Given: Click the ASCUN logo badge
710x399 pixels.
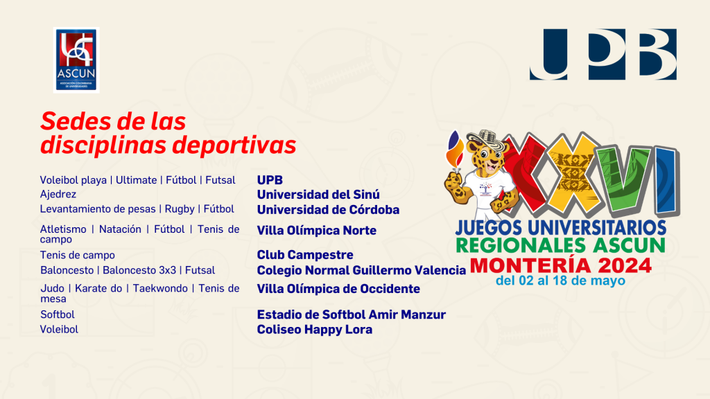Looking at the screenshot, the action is tap(76, 60).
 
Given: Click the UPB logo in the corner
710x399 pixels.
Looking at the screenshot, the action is tap(603, 54).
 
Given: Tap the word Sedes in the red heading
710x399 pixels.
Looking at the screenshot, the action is tap(75, 122).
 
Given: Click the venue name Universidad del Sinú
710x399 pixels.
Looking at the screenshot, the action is tap(318, 195).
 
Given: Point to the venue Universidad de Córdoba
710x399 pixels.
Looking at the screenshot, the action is tap(328, 210).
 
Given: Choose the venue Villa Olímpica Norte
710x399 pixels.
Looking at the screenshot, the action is tap(316, 230).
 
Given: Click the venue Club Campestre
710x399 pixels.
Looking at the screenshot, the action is tap(305, 255).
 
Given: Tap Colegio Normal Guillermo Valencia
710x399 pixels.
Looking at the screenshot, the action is tap(361, 271).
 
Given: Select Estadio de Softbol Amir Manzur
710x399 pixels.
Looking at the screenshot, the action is tap(352, 314).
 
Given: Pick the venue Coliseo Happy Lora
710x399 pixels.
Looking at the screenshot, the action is tap(315, 329).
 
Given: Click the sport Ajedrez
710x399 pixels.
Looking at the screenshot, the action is tap(58, 195).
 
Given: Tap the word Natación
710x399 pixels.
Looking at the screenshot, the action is tap(120, 229).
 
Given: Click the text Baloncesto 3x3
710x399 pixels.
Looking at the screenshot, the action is tap(139, 271).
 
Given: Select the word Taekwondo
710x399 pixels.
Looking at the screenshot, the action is tap(160, 288).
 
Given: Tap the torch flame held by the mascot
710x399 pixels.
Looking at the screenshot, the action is tap(455, 149).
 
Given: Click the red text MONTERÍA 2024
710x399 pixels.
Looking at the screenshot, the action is tap(560, 265).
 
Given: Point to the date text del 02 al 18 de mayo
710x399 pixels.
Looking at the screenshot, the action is tap(560, 281).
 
